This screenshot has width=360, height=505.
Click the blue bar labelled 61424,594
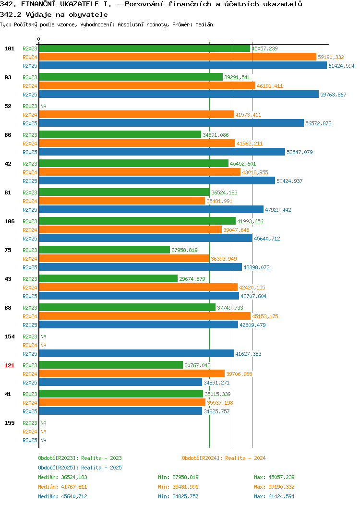(x=183, y=66)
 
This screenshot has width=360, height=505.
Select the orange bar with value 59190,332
(x=178, y=57)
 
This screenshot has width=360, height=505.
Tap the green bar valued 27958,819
(x=105, y=250)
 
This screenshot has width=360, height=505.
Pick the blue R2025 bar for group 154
(x=136, y=354)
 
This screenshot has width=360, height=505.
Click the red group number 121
(x=9, y=365)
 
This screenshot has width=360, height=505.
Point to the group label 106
(x=9, y=221)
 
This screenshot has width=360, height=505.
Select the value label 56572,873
(x=318, y=123)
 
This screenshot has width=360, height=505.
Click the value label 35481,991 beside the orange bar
(x=219, y=201)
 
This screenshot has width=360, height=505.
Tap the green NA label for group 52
(x=44, y=106)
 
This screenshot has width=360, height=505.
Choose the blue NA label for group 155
(x=44, y=440)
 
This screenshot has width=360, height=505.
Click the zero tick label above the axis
(x=39, y=39)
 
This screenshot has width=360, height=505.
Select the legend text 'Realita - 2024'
(x=245, y=458)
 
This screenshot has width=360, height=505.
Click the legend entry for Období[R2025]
(x=80, y=468)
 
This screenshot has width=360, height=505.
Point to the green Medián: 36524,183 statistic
(x=62, y=477)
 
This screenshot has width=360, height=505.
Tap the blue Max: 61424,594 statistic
(x=274, y=497)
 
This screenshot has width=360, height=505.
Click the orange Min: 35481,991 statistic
(x=178, y=487)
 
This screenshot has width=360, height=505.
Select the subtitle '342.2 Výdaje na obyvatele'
(x=54, y=15)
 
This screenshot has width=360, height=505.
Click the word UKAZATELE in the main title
(x=79, y=4)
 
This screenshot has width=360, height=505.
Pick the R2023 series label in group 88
(x=30, y=308)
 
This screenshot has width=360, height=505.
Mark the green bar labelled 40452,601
(x=134, y=164)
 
